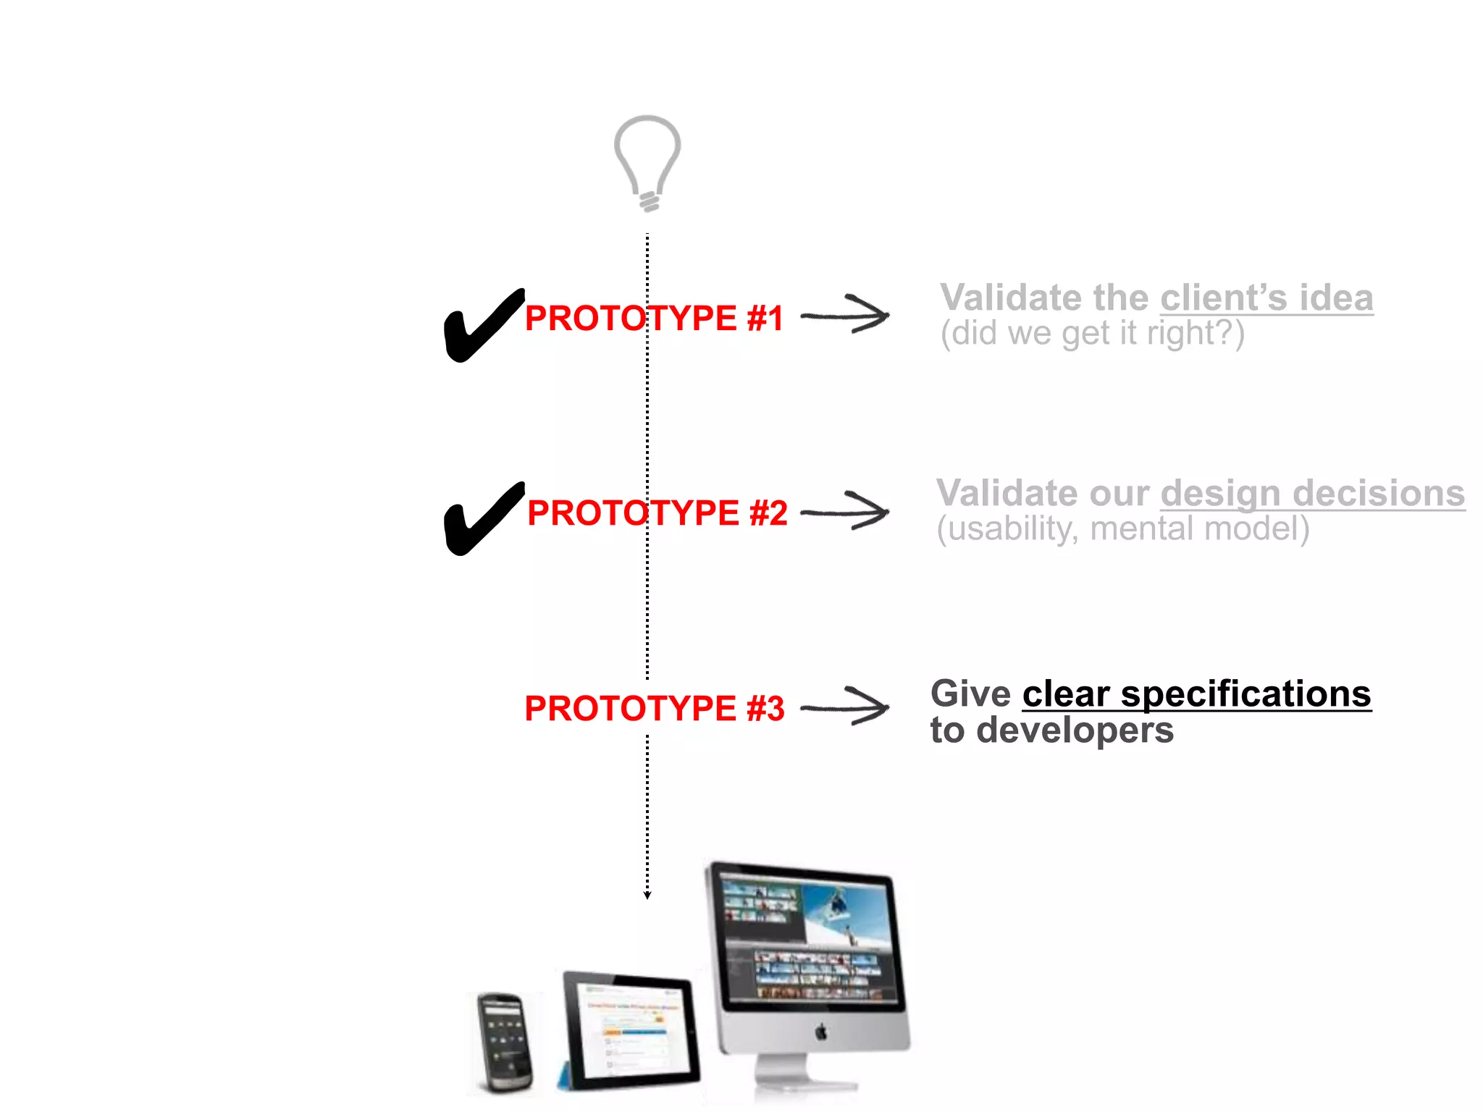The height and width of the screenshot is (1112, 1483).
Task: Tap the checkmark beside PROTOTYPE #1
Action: point(479,327)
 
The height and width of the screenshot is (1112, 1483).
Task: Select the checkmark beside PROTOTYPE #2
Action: point(479,520)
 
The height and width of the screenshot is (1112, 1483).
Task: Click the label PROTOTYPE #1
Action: point(654,319)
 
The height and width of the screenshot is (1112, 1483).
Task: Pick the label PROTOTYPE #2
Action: point(657,513)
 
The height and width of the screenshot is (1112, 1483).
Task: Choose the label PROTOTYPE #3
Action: point(654,709)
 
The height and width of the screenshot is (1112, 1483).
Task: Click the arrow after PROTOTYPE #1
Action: point(846,315)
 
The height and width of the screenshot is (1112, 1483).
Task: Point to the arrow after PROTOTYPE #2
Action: point(846,511)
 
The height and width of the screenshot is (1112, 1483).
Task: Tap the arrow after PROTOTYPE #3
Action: point(846,707)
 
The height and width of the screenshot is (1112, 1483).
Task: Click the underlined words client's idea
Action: point(1266,298)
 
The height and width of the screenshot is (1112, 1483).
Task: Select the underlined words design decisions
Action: point(1312,493)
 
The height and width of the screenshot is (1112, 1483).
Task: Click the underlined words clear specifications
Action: point(1196,694)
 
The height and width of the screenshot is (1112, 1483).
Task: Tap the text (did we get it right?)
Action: point(1092,334)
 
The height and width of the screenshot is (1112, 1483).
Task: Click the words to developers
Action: point(1051,730)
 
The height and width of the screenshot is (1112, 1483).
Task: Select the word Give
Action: point(970,694)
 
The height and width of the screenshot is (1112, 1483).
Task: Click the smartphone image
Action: point(505,1042)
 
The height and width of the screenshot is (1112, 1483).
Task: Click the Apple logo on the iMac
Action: point(820,1032)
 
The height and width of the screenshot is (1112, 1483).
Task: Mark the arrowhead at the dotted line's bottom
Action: point(647,895)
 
